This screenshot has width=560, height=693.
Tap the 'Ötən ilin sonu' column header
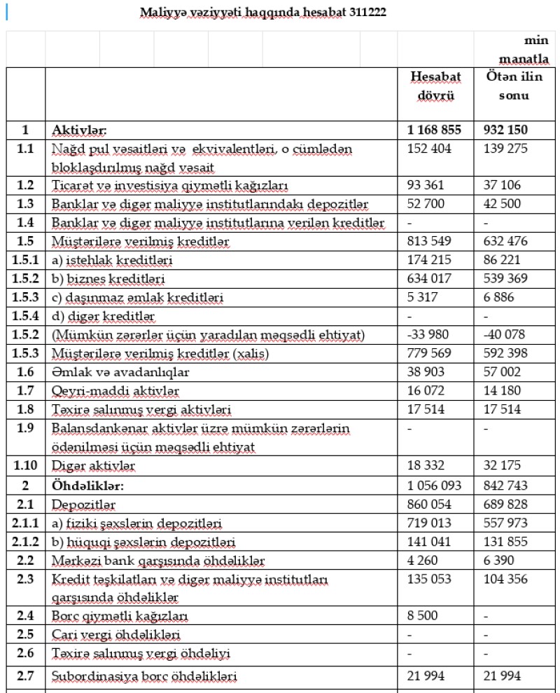(x=514, y=88)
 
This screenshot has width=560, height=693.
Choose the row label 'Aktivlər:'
(x=78, y=130)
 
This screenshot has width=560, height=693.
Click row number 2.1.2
(x=25, y=542)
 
